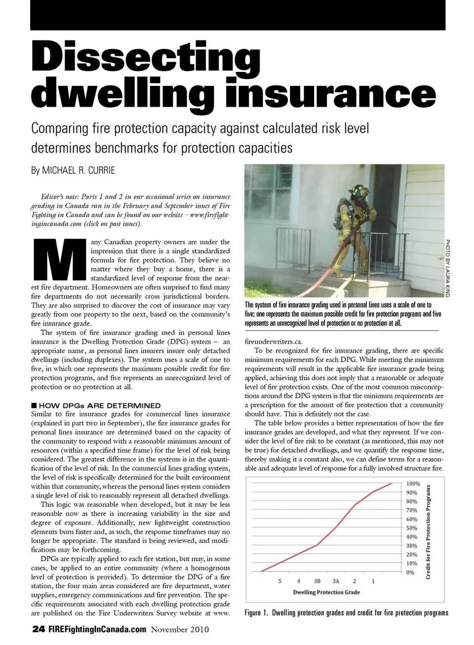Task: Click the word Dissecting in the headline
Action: [146, 58]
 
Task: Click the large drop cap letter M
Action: [59, 261]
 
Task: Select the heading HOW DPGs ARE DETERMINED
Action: [100, 406]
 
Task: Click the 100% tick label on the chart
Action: [413, 484]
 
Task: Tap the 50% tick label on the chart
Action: [411, 528]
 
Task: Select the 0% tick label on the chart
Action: [410, 572]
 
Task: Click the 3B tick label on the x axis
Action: [317, 581]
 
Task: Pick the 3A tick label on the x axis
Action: [336, 581]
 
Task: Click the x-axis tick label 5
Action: [279, 581]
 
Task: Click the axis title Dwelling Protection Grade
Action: [326, 592]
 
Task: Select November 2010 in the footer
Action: [180, 629]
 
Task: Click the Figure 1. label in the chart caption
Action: [256, 613]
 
